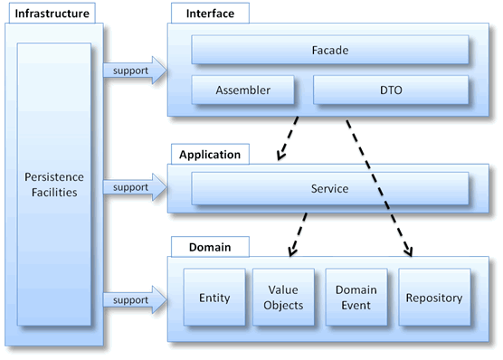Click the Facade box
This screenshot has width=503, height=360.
pyautogui.click(x=330, y=50)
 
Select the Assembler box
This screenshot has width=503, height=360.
pyautogui.click(x=242, y=90)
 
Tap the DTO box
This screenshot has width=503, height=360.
pyautogui.click(x=391, y=90)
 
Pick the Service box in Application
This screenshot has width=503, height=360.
pyautogui.click(x=330, y=189)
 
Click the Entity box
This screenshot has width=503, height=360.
pyautogui.click(x=213, y=298)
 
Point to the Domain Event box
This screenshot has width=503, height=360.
pyautogui.click(x=355, y=298)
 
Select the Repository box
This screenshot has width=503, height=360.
pyautogui.click(x=434, y=298)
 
